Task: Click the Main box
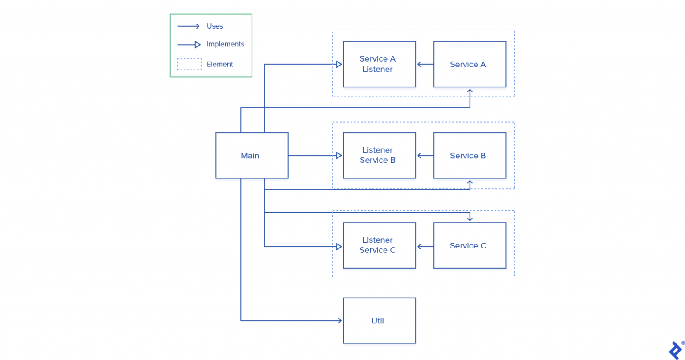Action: [252, 155]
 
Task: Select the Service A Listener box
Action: [379, 64]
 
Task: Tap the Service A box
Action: [470, 64]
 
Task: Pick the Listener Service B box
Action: [379, 155]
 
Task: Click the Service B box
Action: [470, 155]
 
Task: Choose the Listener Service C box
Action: [379, 245]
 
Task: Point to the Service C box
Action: [470, 245]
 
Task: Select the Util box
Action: [379, 320]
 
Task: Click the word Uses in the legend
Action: [215, 26]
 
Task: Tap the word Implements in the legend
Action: [225, 44]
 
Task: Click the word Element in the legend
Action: [220, 64]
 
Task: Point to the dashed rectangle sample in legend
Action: [190, 64]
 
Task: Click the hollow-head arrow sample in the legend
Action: [190, 45]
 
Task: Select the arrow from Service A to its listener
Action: [425, 64]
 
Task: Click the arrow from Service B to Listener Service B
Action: [425, 156]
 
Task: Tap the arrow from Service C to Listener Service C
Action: [425, 247]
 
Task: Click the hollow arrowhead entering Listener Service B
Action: [339, 156]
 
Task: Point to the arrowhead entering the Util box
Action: [340, 320]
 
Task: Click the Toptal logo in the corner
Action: [675, 350]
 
